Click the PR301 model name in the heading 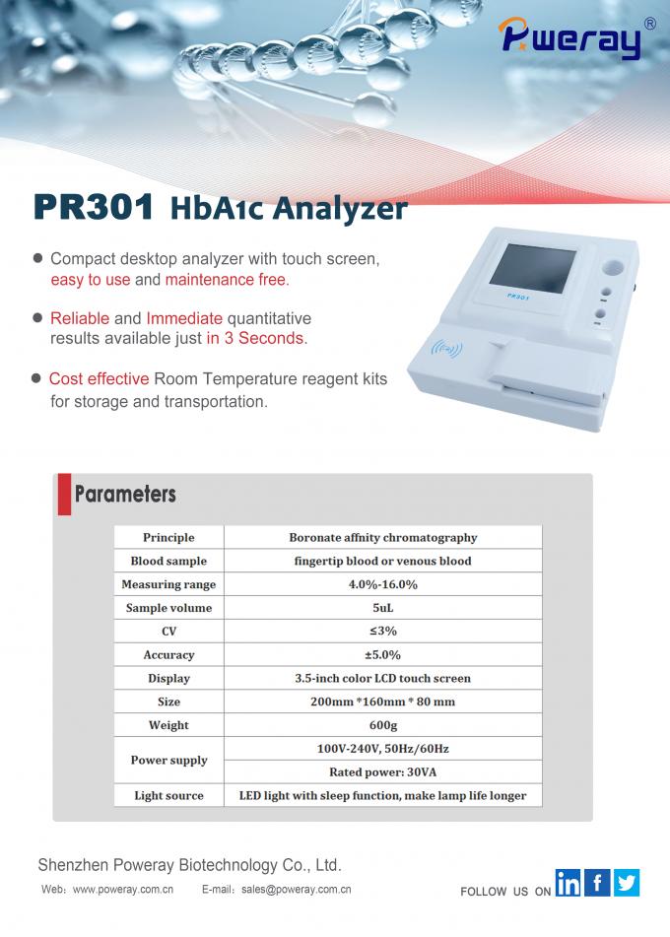(x=95, y=208)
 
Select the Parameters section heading (x=125, y=494)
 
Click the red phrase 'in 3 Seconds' (x=256, y=338)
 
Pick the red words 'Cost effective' (x=99, y=379)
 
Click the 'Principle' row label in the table (x=168, y=538)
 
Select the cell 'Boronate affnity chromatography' (x=382, y=538)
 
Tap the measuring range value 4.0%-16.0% (x=382, y=584)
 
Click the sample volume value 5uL (x=382, y=608)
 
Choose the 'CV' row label (x=168, y=632)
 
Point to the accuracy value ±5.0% (x=382, y=655)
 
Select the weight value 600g (x=382, y=725)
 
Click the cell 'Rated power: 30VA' (x=382, y=772)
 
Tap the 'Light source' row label (x=168, y=796)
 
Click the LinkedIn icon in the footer (x=569, y=883)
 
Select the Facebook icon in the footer (x=597, y=883)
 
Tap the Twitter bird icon (x=627, y=883)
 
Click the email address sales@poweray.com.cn (x=296, y=889)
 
